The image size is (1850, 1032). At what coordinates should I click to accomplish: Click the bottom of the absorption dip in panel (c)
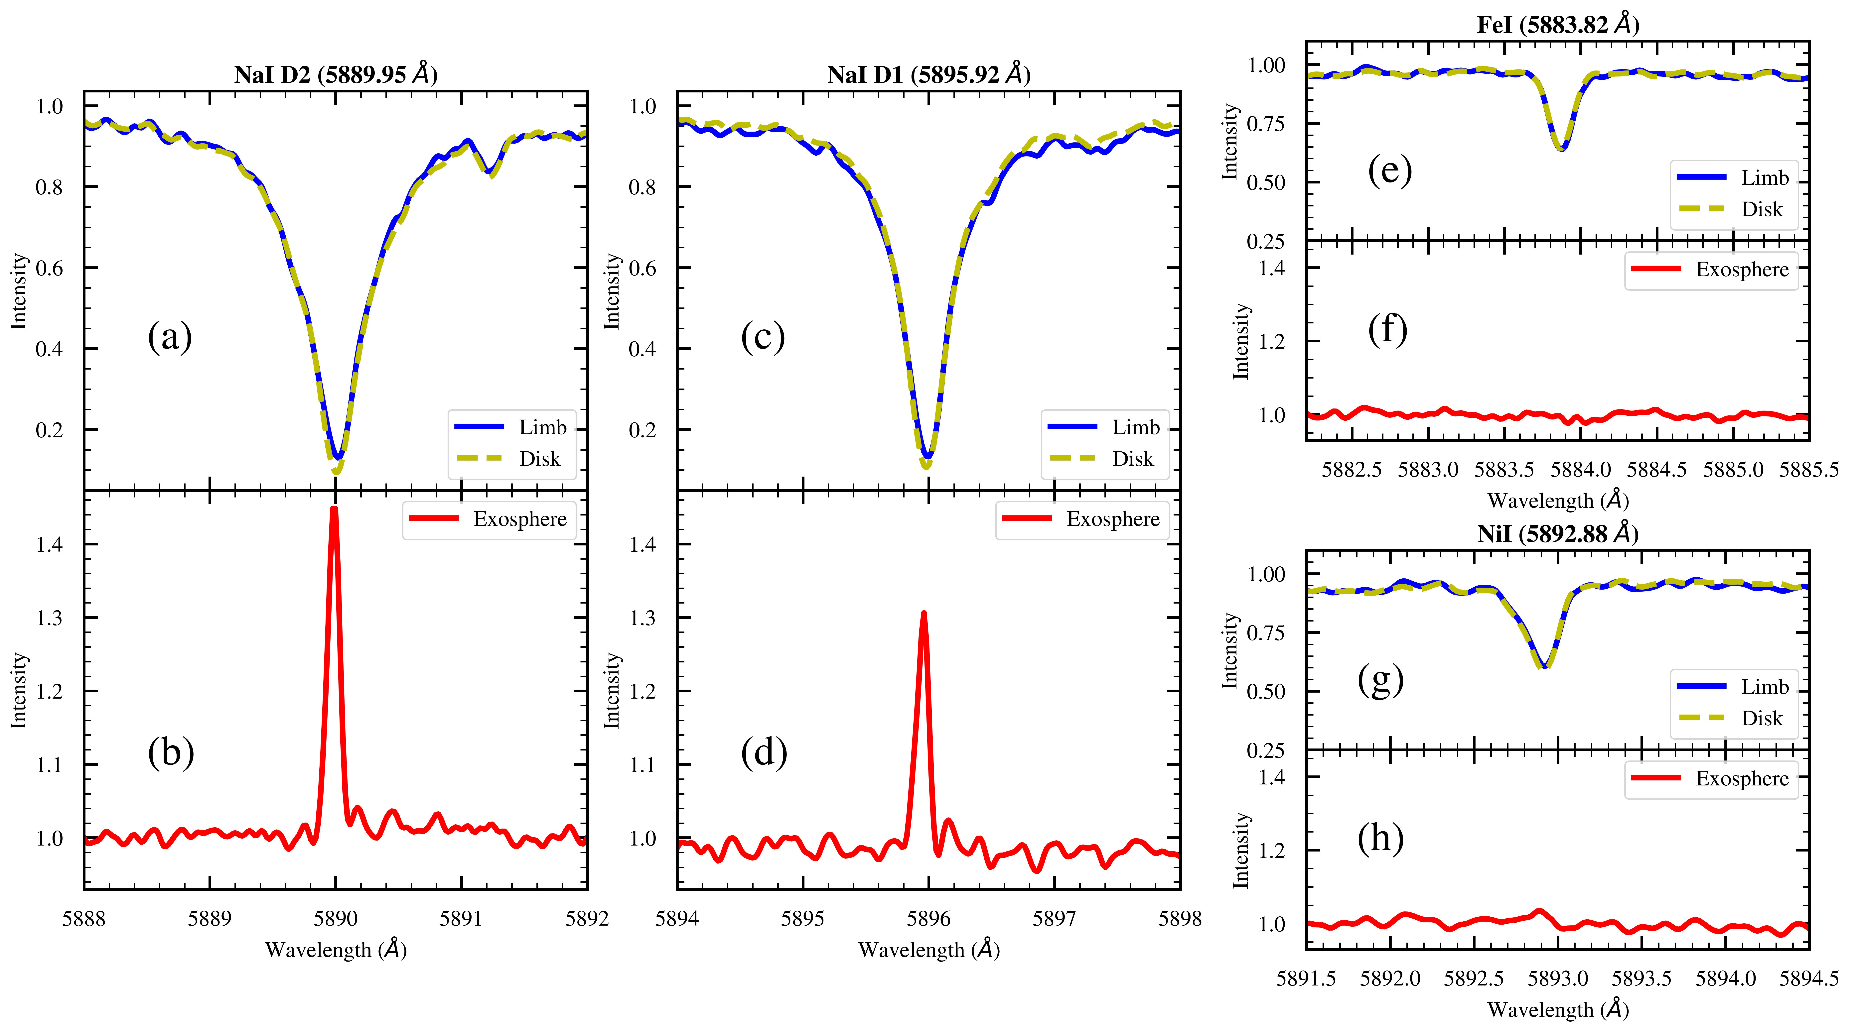(x=927, y=465)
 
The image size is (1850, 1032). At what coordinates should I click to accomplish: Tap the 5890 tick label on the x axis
(x=335, y=919)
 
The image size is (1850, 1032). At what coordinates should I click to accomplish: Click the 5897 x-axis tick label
(x=1054, y=919)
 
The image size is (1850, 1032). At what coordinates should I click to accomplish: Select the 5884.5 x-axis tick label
(x=1657, y=470)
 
